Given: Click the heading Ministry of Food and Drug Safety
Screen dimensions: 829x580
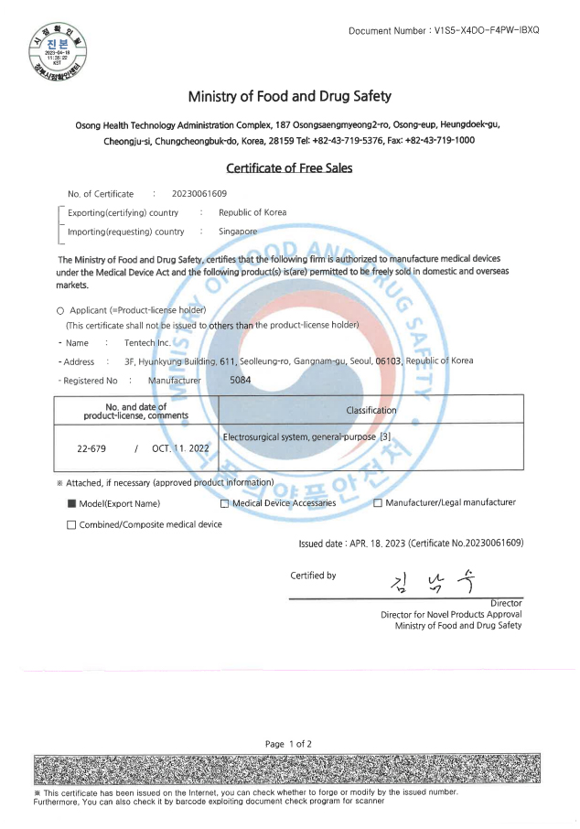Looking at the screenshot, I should tap(289, 96).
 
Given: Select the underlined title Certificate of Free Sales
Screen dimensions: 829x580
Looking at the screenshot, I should tap(289, 167).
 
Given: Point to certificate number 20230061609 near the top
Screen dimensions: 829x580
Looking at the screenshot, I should tap(199, 194).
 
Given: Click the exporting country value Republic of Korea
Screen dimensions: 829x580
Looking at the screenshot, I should tap(252, 212).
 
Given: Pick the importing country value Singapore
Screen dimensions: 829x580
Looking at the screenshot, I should tap(238, 231).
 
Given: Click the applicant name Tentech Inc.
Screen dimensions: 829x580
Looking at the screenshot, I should tap(147, 343).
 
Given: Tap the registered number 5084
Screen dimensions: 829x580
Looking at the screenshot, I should tap(241, 380).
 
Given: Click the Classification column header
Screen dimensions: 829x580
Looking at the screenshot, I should tap(371, 411).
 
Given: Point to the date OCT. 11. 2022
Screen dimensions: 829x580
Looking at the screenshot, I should tap(181, 449).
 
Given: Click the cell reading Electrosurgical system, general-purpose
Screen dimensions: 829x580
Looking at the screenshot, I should tap(307, 436).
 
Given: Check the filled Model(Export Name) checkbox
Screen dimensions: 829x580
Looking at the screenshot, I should tap(71, 503).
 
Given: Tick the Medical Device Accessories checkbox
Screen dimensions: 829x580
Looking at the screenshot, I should tap(225, 503).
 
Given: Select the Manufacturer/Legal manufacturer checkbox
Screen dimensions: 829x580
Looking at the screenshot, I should tap(378, 503).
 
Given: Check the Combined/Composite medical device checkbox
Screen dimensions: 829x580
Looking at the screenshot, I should tap(71, 525).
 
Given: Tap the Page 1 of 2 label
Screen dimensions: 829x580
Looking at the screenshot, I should tap(288, 744).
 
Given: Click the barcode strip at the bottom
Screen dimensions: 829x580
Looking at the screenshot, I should tap(289, 769).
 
